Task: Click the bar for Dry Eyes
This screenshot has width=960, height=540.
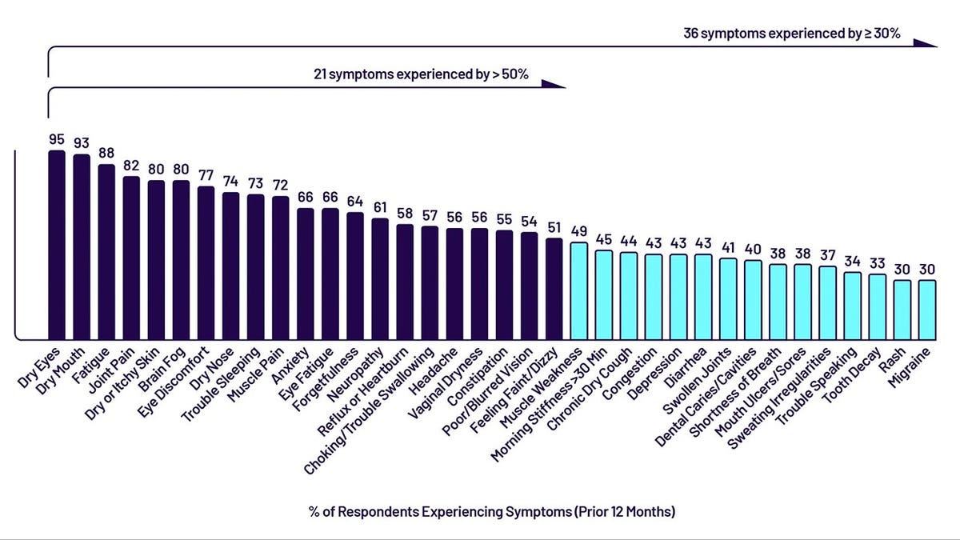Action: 57,244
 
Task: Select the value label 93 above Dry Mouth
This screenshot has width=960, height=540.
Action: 82,142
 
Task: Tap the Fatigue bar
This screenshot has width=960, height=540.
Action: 106,251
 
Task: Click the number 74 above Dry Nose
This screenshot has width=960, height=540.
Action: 230,181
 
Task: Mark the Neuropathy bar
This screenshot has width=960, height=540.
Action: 380,278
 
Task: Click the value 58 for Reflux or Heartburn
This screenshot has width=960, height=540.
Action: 405,213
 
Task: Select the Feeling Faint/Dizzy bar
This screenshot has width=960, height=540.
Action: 554,288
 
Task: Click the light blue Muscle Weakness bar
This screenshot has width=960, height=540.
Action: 578,290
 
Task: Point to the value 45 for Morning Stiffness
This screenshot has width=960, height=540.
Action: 603,238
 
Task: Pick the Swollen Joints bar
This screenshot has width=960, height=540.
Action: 727,298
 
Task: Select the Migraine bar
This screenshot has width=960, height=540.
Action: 926,309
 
